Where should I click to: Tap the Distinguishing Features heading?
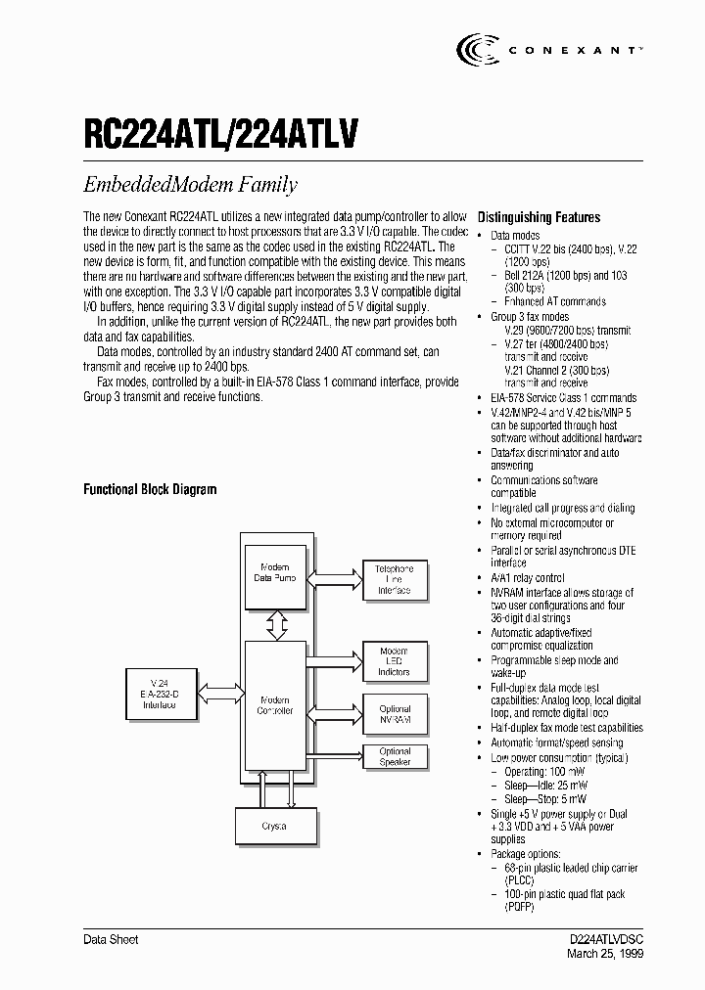(539, 217)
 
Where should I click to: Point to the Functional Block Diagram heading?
(150, 489)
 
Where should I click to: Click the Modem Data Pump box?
(275, 573)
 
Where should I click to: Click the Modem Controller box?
(275, 704)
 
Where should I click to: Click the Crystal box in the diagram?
(275, 826)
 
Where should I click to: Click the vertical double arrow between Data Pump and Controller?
(275, 621)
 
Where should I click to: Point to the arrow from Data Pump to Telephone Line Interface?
(334, 578)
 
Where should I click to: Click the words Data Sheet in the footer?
(111, 939)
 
